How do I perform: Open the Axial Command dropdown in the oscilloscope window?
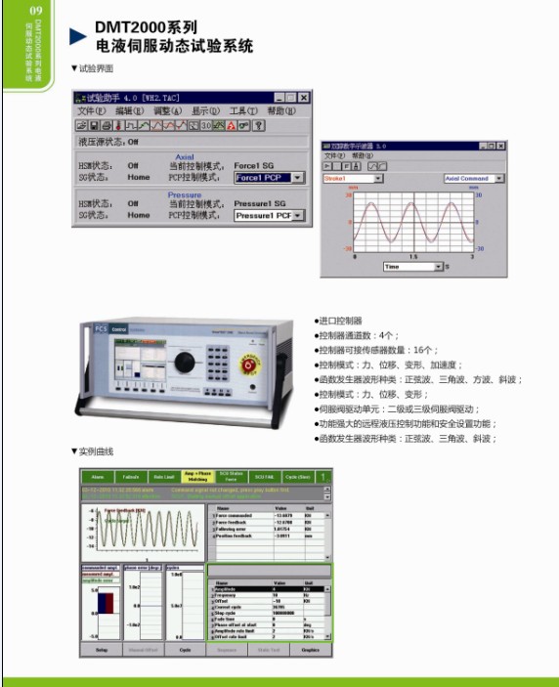(473, 179)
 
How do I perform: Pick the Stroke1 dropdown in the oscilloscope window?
(353, 179)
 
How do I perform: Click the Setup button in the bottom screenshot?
(101, 649)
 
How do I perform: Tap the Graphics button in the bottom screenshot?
(310, 649)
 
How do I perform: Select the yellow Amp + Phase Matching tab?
(197, 477)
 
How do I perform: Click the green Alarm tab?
(98, 477)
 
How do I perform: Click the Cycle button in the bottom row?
(185, 649)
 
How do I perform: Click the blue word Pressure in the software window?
(185, 194)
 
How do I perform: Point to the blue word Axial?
(185, 156)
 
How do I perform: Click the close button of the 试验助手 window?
(304, 98)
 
